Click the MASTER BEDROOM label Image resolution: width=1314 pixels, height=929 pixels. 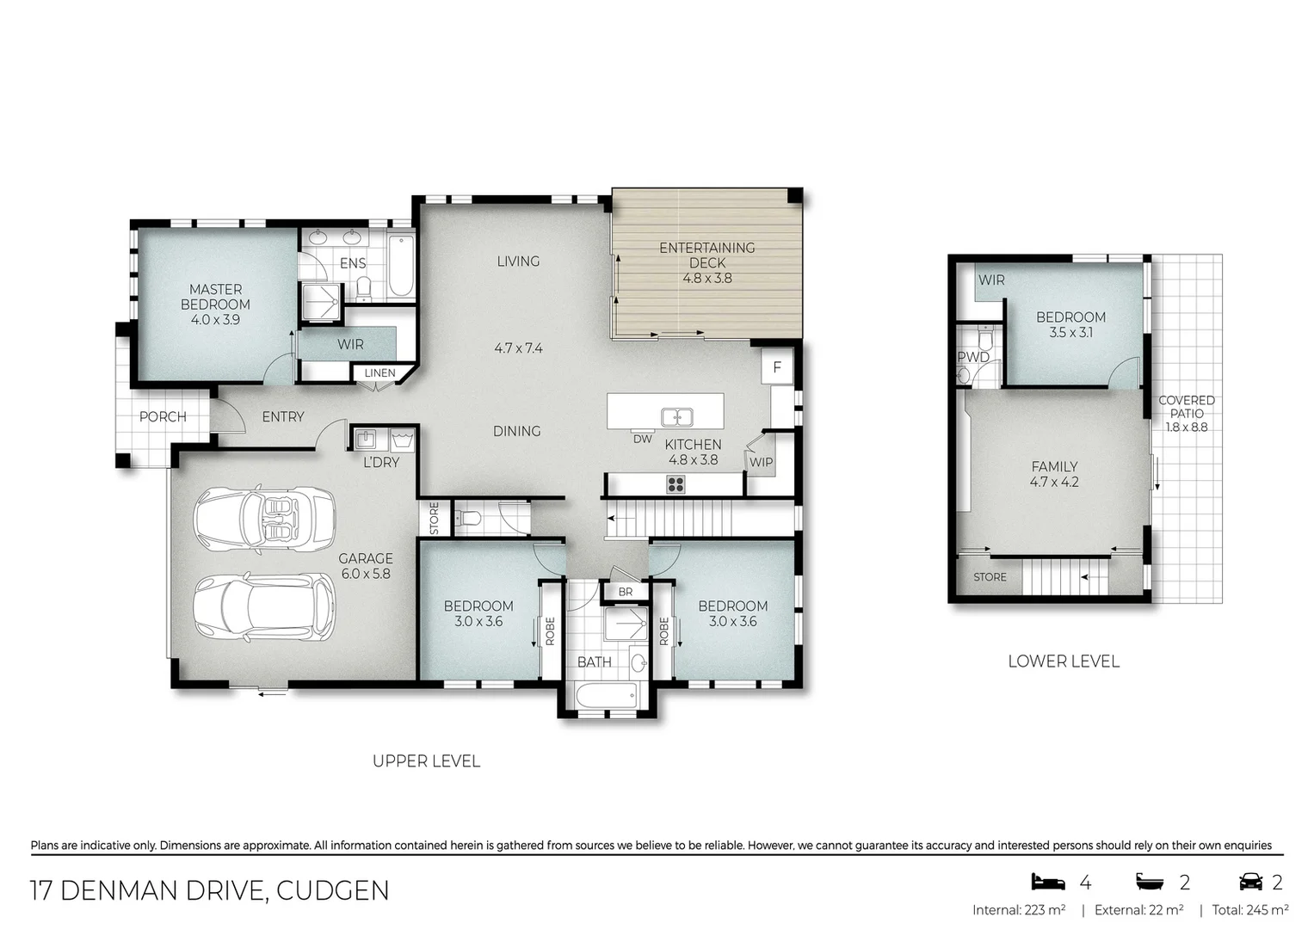click(x=215, y=297)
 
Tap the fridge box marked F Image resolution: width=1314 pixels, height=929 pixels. click(x=777, y=367)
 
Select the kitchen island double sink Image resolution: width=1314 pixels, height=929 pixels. click(x=678, y=417)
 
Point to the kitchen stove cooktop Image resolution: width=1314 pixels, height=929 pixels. click(x=676, y=485)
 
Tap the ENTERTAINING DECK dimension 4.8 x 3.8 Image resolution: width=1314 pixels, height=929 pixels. click(x=707, y=278)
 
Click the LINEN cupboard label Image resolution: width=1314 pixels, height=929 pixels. click(x=379, y=373)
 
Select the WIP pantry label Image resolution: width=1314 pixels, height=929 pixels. click(x=761, y=462)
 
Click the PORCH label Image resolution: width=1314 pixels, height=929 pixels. click(x=163, y=416)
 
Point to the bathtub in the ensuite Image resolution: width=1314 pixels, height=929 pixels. click(x=400, y=266)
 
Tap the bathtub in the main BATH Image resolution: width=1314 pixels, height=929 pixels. click(x=607, y=695)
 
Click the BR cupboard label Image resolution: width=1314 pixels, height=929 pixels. click(x=626, y=592)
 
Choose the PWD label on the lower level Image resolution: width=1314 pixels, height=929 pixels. click(x=973, y=357)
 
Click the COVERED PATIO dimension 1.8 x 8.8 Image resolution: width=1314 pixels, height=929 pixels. click(x=1187, y=427)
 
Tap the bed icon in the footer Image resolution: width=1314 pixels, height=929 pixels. click(x=1047, y=882)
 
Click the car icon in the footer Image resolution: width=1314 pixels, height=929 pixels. click(x=1249, y=882)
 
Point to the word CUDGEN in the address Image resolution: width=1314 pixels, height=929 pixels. click(x=331, y=890)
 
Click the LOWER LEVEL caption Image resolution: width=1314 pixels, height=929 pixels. click(x=1064, y=661)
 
